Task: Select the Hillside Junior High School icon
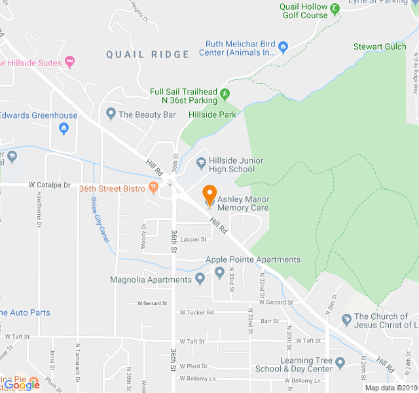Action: point(202,163)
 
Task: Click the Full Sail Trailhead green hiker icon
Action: point(225,95)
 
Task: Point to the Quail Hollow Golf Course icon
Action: point(335,9)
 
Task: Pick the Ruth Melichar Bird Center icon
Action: point(283,47)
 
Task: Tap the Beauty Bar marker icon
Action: point(111,114)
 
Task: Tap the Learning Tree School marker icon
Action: point(340,362)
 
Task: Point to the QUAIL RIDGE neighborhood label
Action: point(148,55)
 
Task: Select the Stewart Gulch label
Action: point(380,47)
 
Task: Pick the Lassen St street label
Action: point(194,240)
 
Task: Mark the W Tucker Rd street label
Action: point(196,312)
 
